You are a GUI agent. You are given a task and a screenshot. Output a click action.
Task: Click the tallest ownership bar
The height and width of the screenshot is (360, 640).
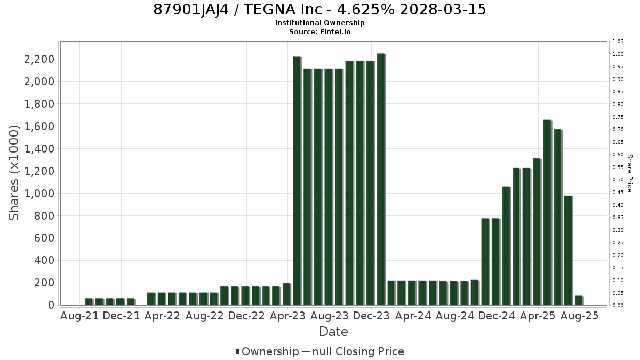click(381, 179)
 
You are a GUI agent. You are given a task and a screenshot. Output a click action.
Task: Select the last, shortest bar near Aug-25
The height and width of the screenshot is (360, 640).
click(579, 301)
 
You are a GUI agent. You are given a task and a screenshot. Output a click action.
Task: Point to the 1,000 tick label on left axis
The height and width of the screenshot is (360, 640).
click(39, 194)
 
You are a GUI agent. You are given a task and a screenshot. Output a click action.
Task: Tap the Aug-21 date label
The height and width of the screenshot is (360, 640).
click(79, 316)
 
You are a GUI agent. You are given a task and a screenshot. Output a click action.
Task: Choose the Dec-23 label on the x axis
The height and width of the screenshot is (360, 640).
click(371, 316)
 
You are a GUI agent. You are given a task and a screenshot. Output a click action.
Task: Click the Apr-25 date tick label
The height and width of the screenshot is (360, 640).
click(538, 316)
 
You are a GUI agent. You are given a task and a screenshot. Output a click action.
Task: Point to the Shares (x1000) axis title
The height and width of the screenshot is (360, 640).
click(13, 173)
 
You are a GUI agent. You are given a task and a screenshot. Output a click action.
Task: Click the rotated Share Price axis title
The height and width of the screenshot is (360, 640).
click(630, 173)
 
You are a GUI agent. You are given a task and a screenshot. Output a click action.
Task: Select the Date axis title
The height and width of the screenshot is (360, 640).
click(333, 332)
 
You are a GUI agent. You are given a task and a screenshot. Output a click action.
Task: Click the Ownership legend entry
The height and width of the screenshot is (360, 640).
click(267, 351)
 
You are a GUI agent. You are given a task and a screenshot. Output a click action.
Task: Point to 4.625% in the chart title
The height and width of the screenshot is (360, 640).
click(366, 10)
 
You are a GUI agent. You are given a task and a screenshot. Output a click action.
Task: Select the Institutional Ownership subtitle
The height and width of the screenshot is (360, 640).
click(319, 23)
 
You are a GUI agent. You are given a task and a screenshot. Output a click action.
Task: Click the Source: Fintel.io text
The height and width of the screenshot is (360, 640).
click(319, 31)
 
